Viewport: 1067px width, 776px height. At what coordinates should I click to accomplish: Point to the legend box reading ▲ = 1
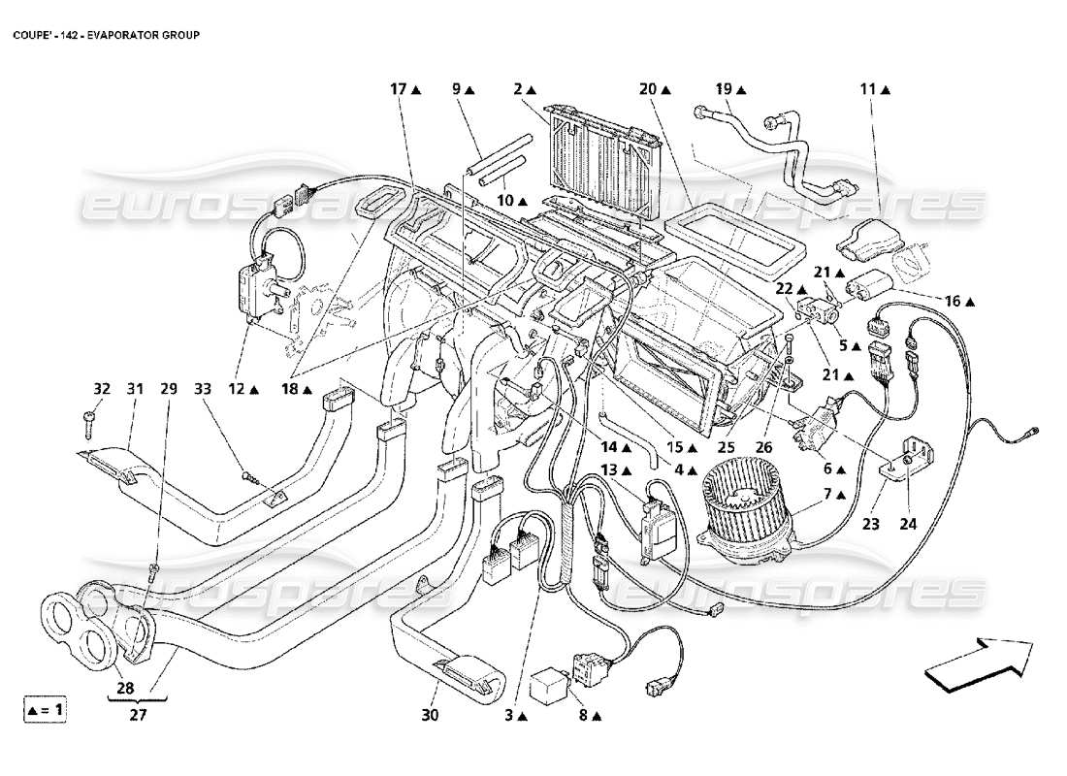coord(45,710)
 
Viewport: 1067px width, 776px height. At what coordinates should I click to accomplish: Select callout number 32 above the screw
coord(101,389)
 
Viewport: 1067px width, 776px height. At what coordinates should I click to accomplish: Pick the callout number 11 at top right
coord(866,89)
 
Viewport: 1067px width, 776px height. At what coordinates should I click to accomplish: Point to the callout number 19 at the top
coord(724,89)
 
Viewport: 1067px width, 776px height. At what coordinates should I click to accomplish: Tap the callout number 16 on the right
coord(953,302)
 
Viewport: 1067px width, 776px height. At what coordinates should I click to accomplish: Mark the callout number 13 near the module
coord(608,470)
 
